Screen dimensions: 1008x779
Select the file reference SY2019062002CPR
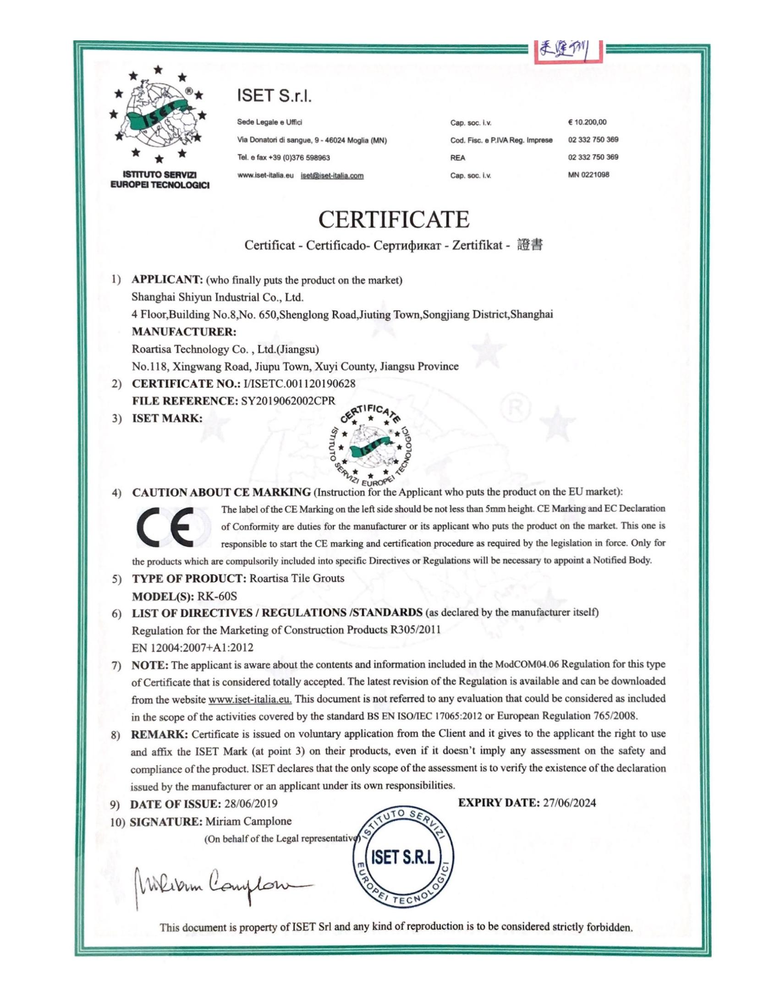click(x=288, y=400)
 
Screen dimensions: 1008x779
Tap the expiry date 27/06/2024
click(x=570, y=803)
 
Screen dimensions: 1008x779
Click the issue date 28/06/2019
click(x=251, y=804)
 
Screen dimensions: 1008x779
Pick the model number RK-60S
click(x=217, y=596)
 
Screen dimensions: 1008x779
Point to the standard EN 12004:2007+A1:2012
click(x=192, y=647)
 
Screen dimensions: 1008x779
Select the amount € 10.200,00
click(x=587, y=122)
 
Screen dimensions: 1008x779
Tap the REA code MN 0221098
click(x=588, y=175)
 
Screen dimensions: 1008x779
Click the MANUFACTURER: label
click(x=184, y=332)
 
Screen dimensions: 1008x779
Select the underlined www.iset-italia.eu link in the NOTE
click(x=250, y=699)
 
